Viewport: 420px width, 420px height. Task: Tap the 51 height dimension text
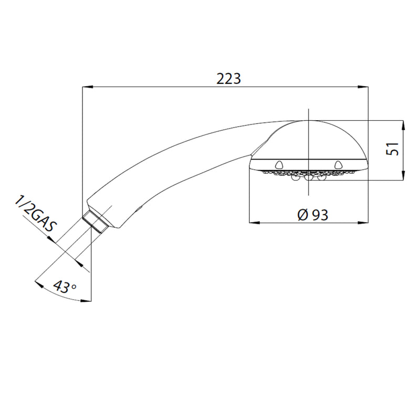pos(394,150)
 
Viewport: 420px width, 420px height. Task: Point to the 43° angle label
pos(65,287)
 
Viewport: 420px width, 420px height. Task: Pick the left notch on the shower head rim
pos(279,164)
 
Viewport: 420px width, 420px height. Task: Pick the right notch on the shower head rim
pos(338,165)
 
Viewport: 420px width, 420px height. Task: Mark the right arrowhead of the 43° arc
pos(83,300)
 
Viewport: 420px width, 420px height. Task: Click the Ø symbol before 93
pos(301,215)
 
